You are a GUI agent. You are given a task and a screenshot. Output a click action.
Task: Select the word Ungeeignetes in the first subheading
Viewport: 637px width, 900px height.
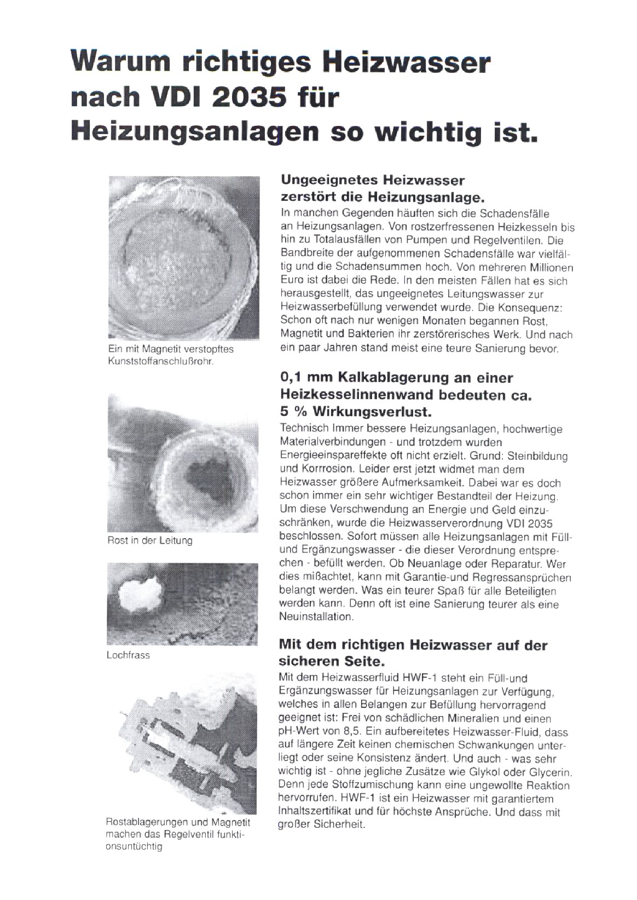[328, 180]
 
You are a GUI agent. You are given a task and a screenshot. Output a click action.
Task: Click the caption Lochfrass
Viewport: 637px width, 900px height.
[128, 655]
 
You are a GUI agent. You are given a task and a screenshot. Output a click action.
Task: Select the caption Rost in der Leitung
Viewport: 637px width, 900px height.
[149, 541]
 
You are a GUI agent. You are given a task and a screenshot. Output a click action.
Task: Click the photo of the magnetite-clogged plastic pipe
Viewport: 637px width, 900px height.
[183, 257]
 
